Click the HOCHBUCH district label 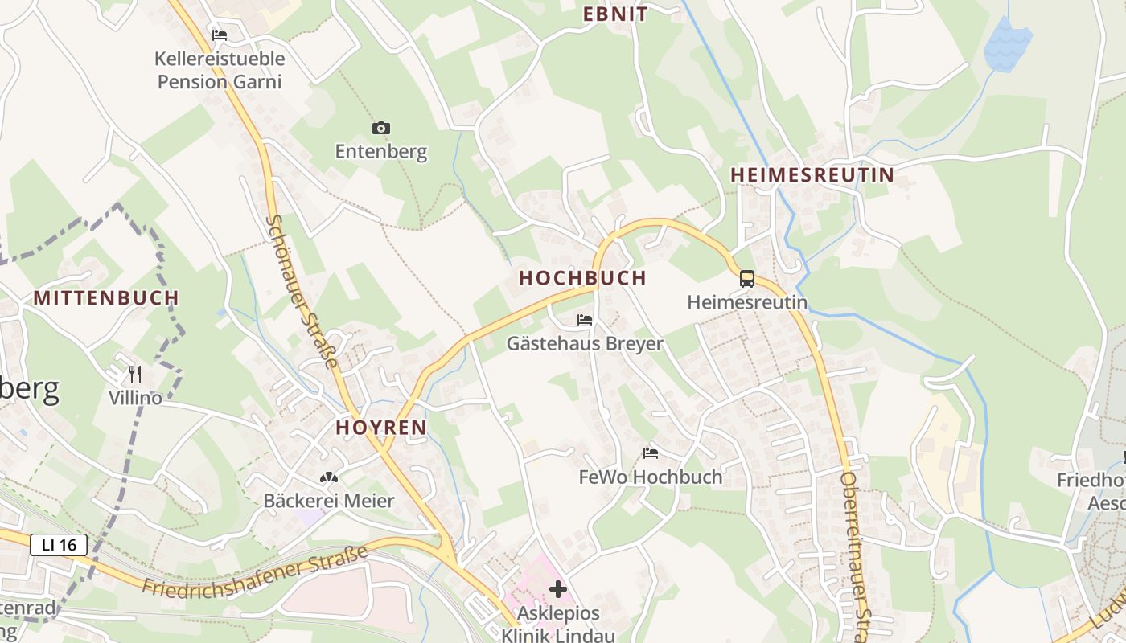coord(583,278)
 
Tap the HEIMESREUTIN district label coord(812,175)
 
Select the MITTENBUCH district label coord(106,298)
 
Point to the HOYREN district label coord(381,428)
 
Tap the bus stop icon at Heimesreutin coord(747,279)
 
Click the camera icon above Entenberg coord(381,128)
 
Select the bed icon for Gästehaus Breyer coord(585,320)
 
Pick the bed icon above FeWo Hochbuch coord(651,453)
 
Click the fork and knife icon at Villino coord(135,374)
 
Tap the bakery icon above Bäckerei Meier coord(329,477)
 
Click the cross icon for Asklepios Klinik coord(558,590)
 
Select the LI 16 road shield coord(59,545)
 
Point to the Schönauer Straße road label coord(302,291)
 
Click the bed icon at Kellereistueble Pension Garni coord(220,35)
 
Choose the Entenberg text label coord(381,152)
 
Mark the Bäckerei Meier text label coord(329,501)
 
